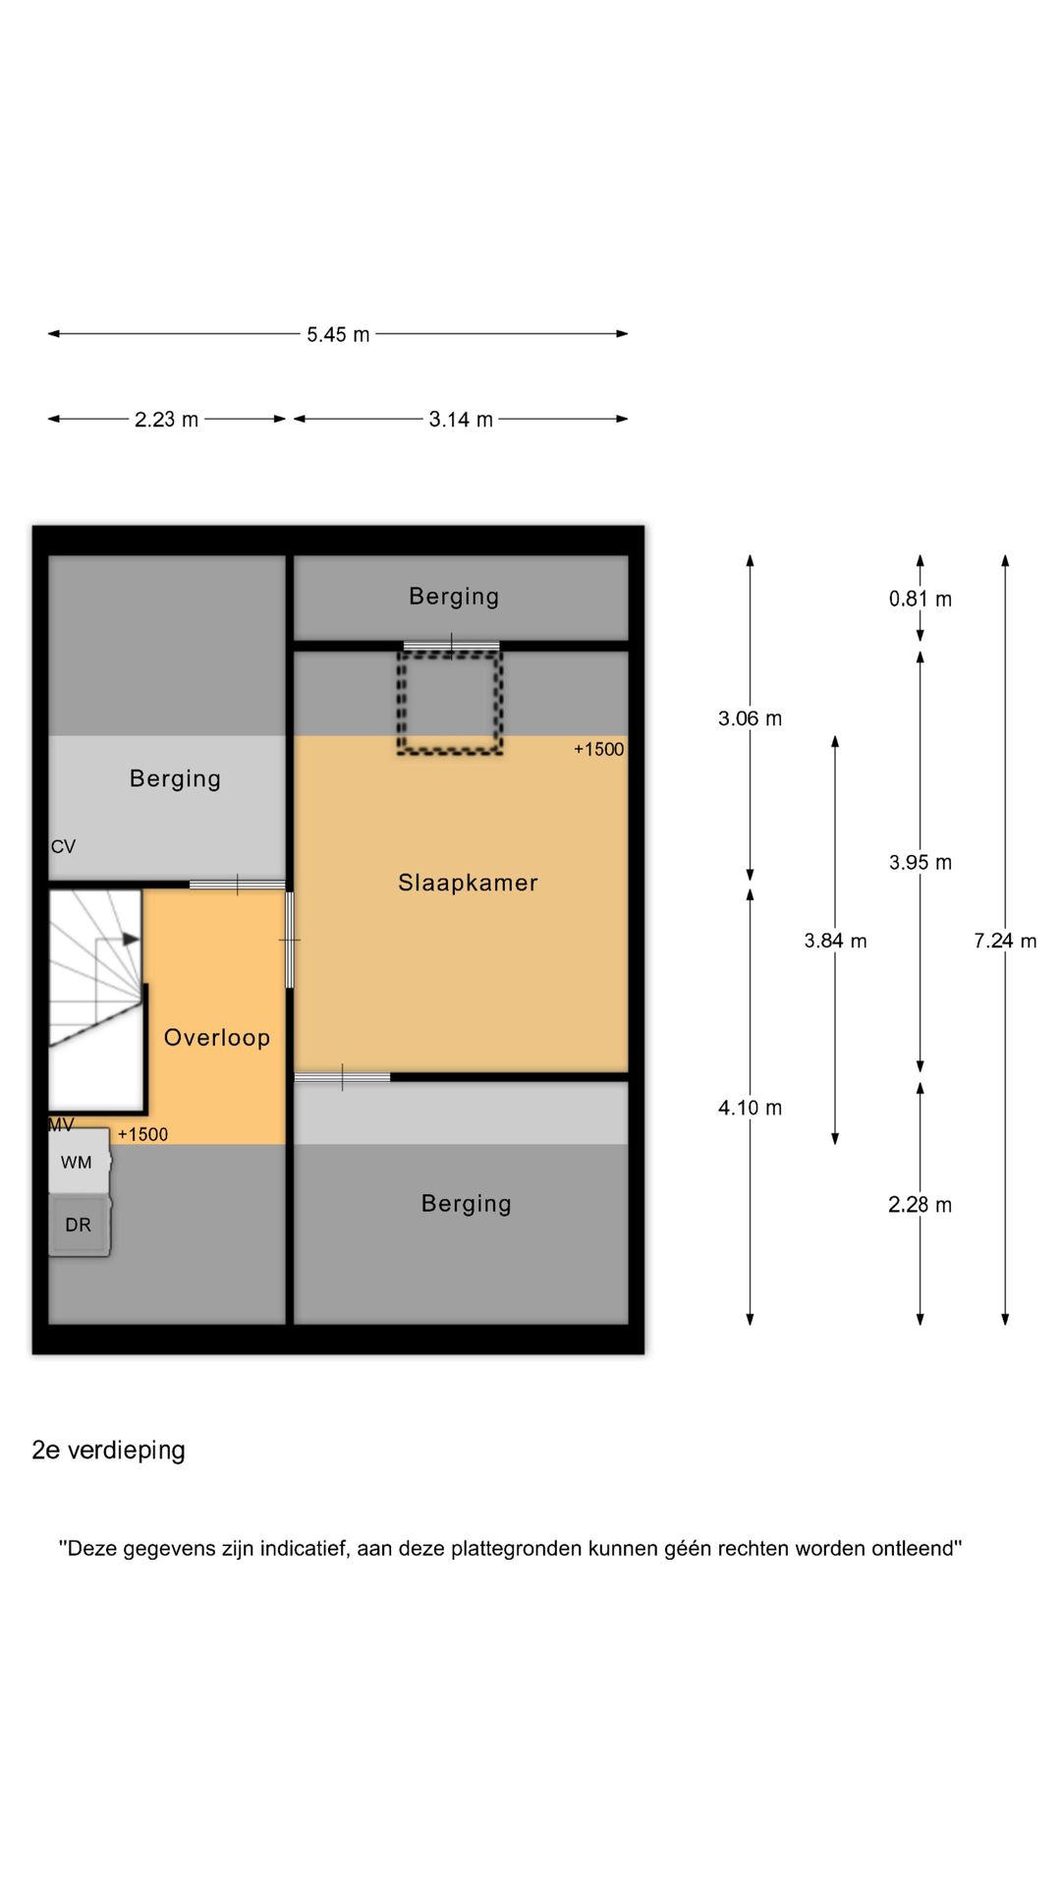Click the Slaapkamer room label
click(468, 883)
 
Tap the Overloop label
click(217, 1038)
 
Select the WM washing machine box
click(79, 1162)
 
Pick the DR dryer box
click(79, 1226)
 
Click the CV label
click(63, 846)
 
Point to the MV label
click(61, 1124)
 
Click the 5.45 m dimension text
click(338, 334)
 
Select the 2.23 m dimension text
click(166, 420)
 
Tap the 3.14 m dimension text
click(461, 420)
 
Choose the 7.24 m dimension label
click(1005, 941)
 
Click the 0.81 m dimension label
click(921, 599)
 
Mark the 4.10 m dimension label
click(750, 1108)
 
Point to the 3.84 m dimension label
click(835, 941)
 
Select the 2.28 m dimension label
click(921, 1205)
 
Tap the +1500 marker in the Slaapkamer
click(598, 749)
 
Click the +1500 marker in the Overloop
click(142, 1134)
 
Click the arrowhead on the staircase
click(132, 939)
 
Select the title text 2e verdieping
click(108, 1451)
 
